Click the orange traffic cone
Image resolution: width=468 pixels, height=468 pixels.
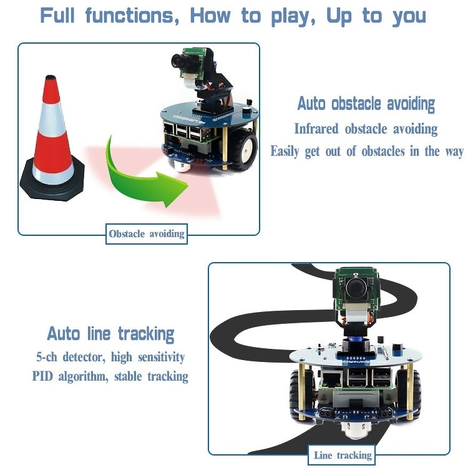52,131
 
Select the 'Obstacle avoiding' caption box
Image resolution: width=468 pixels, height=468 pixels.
147,234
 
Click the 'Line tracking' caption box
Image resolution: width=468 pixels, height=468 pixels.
343,456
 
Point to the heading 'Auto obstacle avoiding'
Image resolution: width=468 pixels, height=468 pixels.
366,104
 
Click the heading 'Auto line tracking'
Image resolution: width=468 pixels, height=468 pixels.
110,333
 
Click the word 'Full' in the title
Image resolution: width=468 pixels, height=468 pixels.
62,16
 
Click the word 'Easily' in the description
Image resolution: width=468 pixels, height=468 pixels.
286,152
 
